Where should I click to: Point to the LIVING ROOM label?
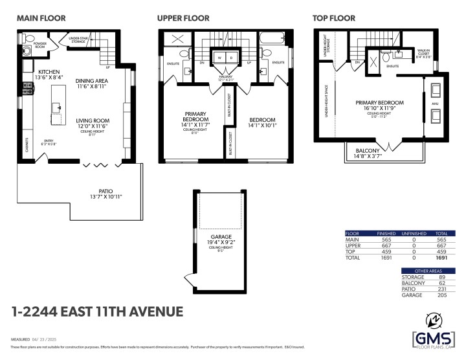tap(91, 120)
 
